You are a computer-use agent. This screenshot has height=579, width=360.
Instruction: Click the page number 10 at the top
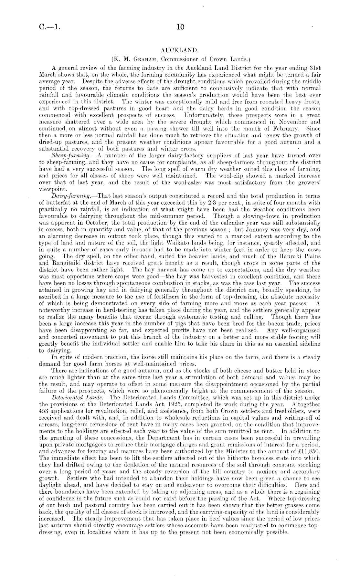pyautogui.click(x=180, y=27)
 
